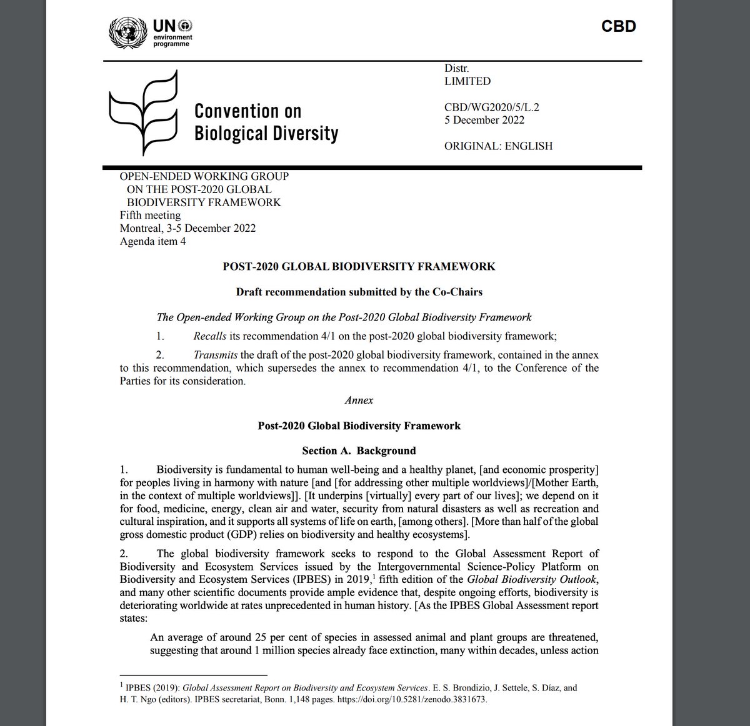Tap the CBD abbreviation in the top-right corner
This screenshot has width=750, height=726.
tap(618, 26)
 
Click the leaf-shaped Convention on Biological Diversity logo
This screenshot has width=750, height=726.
tap(143, 113)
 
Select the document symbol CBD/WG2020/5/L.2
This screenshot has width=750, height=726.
tap(491, 107)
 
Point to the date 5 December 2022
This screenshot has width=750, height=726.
tap(484, 120)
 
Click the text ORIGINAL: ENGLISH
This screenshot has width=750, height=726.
tap(498, 146)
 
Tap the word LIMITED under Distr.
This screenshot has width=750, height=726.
tap(467, 81)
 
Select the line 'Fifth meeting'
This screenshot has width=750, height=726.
tap(150, 216)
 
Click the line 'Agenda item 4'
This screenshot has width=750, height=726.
tap(152, 241)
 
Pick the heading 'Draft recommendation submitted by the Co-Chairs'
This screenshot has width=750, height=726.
tap(359, 292)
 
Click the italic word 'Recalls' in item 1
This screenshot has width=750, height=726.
tap(210, 336)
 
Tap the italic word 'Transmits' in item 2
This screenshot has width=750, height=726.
tap(216, 355)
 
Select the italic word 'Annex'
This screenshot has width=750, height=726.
tap(359, 400)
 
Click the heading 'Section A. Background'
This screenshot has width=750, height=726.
tap(359, 450)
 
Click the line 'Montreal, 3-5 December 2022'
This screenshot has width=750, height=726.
tap(187, 228)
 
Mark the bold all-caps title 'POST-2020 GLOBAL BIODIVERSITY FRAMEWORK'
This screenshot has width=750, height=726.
tap(359, 267)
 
